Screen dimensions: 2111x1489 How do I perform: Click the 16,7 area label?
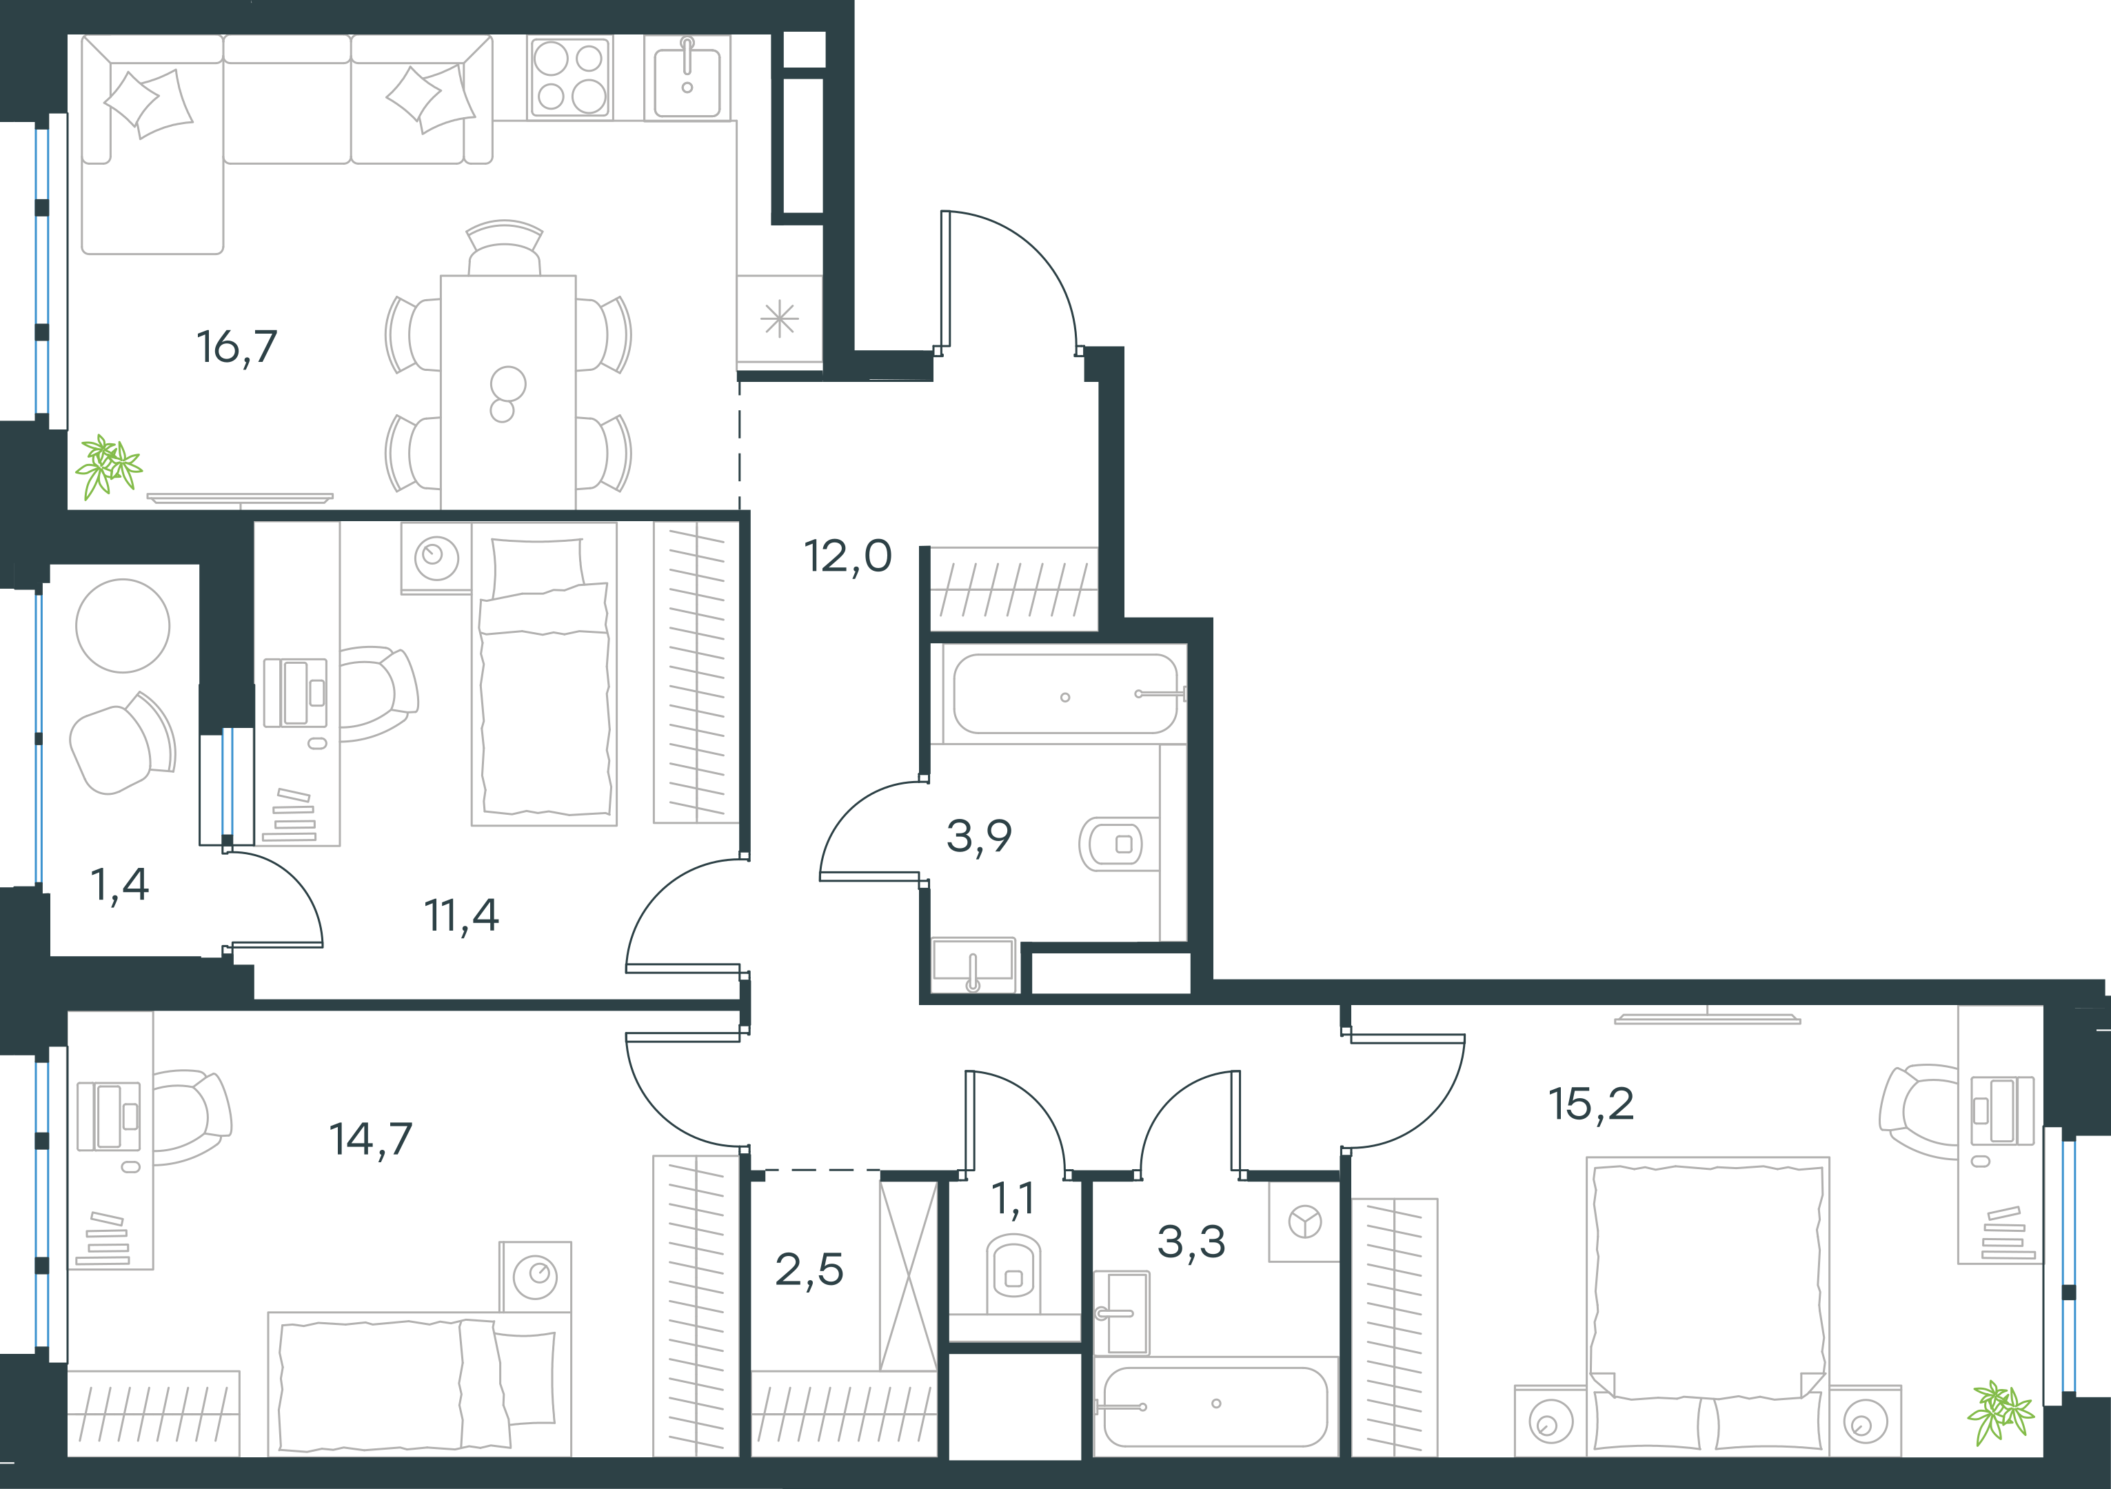point(236,347)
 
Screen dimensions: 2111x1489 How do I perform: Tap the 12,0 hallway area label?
point(848,556)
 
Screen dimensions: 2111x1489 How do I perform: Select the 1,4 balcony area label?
point(119,885)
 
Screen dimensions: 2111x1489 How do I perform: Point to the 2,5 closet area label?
point(809,1270)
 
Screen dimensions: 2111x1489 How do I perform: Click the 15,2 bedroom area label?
point(1592,1104)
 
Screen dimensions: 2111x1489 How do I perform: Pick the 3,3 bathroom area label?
point(1191,1242)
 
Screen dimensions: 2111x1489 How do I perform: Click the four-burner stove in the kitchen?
point(570,78)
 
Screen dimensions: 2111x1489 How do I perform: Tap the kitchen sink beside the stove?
point(687,78)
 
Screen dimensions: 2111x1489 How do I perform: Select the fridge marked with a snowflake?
point(780,320)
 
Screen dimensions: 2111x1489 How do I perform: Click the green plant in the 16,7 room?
point(108,466)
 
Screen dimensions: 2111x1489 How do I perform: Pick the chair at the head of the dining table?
point(505,248)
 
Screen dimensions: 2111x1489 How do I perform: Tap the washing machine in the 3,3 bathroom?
point(1304,1222)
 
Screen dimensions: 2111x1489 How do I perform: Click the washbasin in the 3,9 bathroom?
point(973,965)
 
